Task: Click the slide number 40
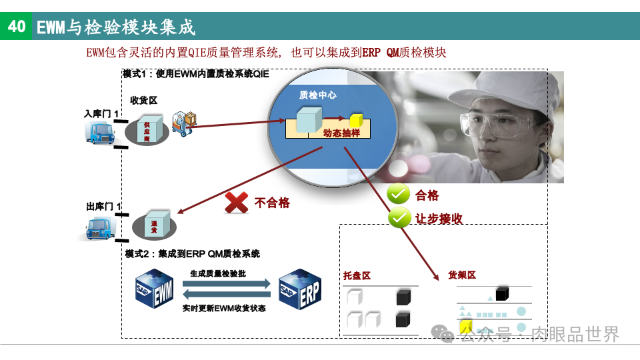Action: (16, 26)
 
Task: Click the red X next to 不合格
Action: (237, 202)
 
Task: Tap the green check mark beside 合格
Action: (398, 195)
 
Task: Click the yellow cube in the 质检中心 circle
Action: (356, 121)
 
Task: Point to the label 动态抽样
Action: (341, 133)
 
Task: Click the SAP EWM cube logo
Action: (154, 289)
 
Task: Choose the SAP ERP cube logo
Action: (299, 289)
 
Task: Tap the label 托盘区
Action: (357, 275)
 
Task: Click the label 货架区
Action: (462, 275)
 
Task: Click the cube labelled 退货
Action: (154, 225)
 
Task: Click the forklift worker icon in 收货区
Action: (185, 122)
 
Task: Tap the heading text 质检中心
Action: (317, 95)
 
